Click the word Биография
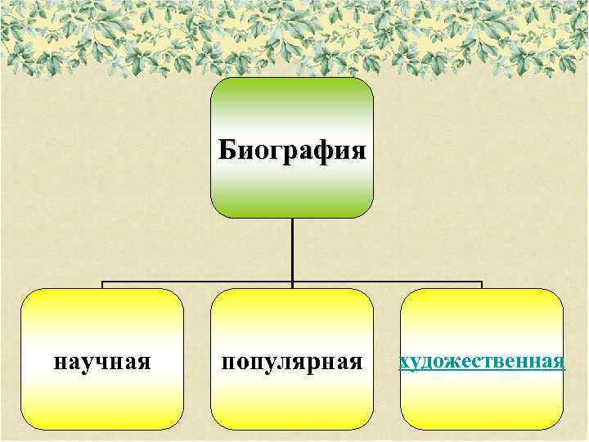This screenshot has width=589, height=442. click(x=292, y=151)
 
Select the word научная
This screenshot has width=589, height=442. click(x=102, y=361)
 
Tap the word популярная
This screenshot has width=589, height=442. click(x=292, y=361)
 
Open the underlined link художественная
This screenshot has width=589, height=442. click(x=482, y=361)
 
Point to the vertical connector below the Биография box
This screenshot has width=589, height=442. click(x=292, y=250)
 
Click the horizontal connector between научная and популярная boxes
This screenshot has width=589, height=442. click(x=196, y=282)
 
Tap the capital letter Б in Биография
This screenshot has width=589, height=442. click(x=227, y=151)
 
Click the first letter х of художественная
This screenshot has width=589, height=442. click(x=403, y=362)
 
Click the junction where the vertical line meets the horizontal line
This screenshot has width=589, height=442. click(x=292, y=282)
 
